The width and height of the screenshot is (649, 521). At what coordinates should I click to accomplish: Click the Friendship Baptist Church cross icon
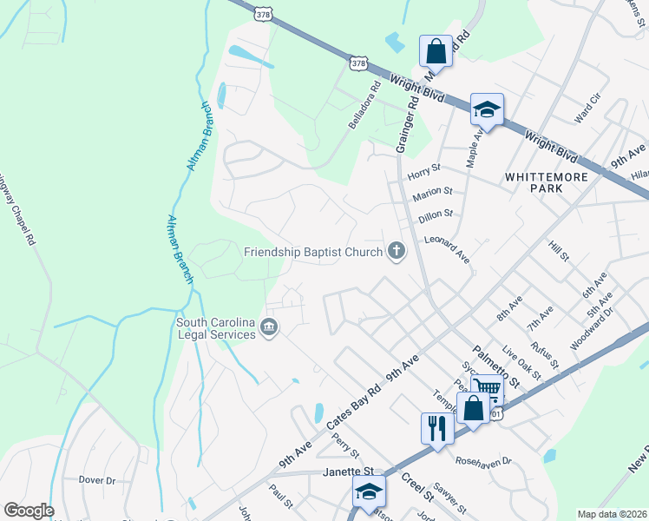[397, 253]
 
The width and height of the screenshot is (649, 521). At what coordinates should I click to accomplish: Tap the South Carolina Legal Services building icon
[269, 328]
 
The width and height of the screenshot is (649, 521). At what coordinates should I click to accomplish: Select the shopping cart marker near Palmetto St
[487, 388]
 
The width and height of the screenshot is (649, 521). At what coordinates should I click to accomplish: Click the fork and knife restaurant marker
[436, 426]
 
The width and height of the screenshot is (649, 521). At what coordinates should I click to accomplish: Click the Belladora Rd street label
[364, 106]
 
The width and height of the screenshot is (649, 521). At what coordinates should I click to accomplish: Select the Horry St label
[424, 168]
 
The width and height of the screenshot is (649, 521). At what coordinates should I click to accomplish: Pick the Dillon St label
[436, 213]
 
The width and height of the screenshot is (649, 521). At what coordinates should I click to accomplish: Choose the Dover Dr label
[96, 480]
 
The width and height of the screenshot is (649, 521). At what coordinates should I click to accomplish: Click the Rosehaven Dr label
[484, 461]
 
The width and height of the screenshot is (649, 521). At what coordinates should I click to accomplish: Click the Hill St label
[558, 252]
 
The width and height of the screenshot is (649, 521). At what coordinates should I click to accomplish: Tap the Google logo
[29, 511]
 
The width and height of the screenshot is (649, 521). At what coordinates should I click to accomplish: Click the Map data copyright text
[613, 514]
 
